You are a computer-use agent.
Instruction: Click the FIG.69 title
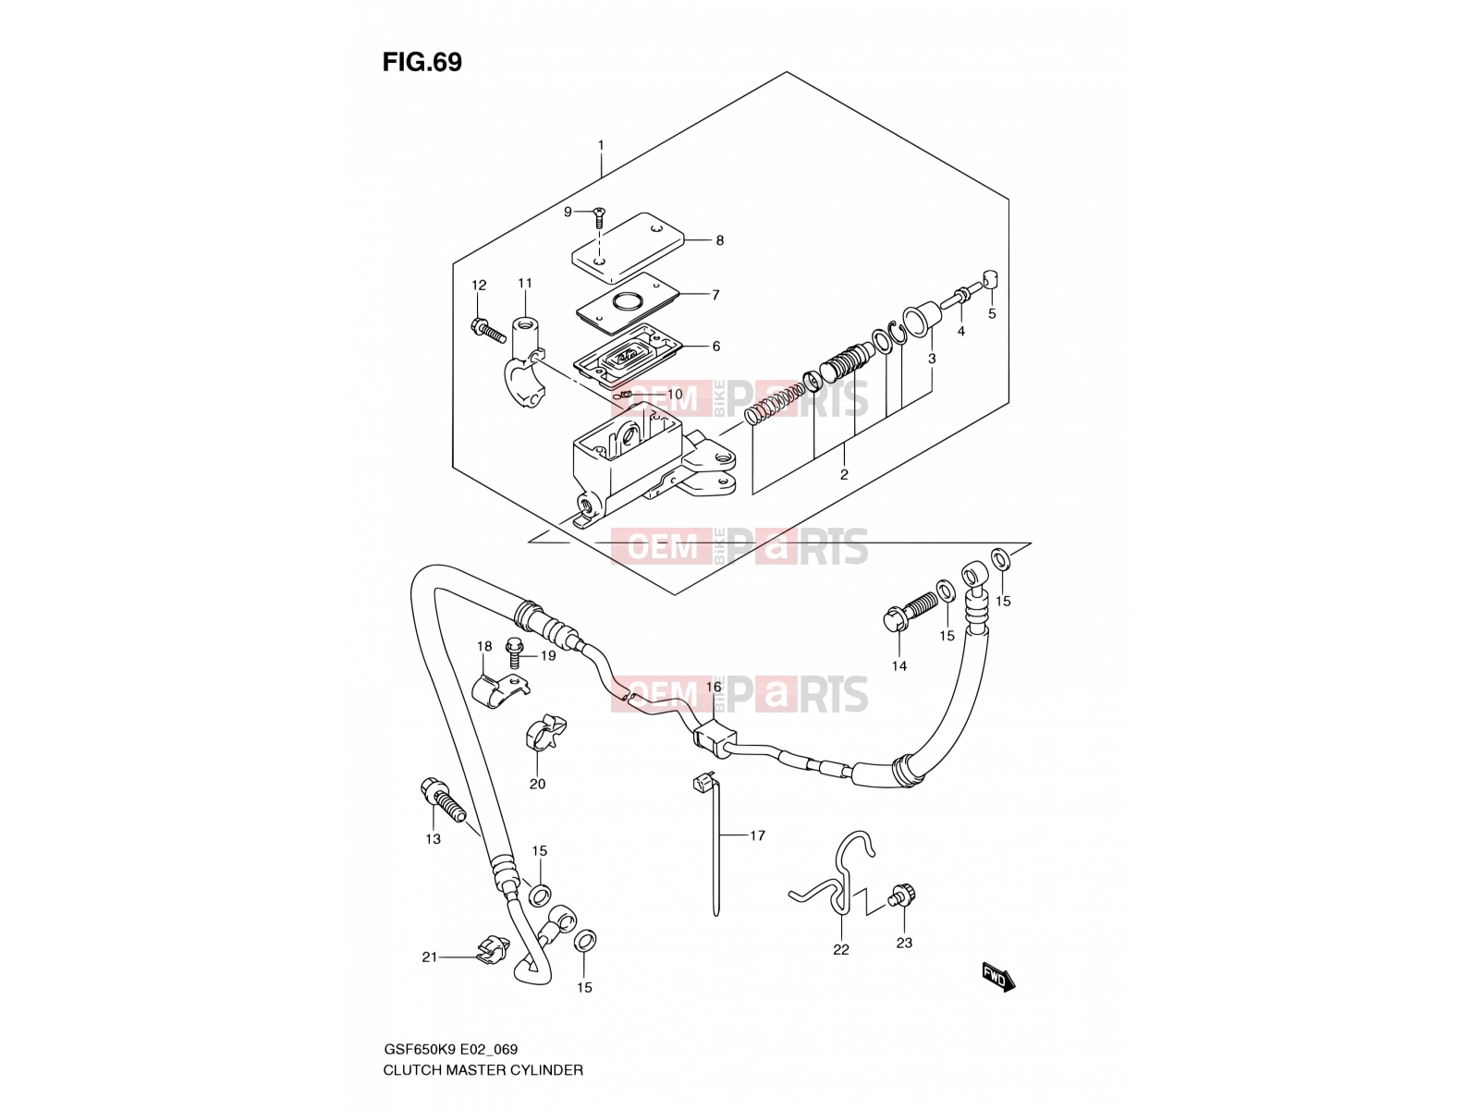tap(422, 62)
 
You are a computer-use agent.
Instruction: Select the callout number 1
tap(600, 145)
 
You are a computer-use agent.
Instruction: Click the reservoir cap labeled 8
tap(628, 247)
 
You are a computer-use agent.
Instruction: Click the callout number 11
tap(525, 283)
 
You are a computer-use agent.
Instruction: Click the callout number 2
tap(844, 474)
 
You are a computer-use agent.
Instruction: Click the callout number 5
tap(992, 313)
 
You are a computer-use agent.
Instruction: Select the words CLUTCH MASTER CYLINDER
tap(483, 1070)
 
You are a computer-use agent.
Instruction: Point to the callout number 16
tap(714, 687)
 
